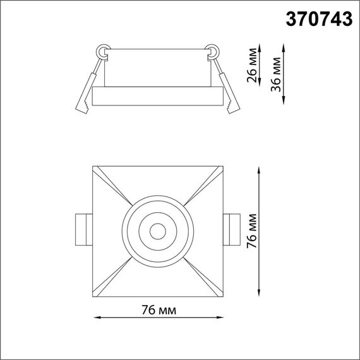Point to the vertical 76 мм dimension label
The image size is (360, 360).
[x=251, y=231]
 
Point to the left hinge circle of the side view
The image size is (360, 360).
[x=102, y=50]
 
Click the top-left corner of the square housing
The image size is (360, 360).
[x=93, y=167]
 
